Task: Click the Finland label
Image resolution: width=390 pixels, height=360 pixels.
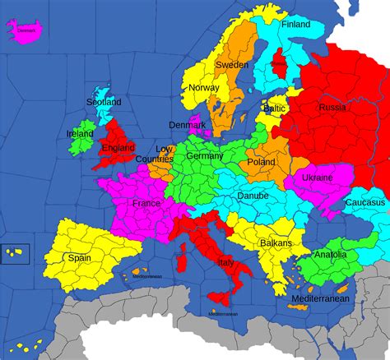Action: pos(295,25)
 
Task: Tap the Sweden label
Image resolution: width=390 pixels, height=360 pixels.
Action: pos(232,64)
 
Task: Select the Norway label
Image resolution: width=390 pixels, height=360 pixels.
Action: pos(203,88)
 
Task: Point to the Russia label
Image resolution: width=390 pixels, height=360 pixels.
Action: pos(332,108)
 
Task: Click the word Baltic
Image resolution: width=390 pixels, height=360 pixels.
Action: pos(274,108)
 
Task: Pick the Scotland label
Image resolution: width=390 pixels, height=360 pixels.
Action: pos(103,102)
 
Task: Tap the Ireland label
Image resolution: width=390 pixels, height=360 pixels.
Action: pos(80,133)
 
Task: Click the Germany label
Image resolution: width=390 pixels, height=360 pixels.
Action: pos(204,156)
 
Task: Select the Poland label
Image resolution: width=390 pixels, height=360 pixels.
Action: pos(261,162)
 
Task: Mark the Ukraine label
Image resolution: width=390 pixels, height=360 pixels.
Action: pos(317,178)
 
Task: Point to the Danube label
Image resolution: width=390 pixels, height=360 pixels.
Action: pos(253,197)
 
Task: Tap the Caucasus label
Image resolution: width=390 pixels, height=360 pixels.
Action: pos(364,202)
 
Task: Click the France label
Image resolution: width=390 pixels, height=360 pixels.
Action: pos(146,203)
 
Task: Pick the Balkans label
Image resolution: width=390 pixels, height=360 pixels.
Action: pos(276,243)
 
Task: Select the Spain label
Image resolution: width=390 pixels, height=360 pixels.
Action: pos(79,257)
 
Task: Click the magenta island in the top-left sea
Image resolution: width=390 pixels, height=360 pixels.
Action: pos(25,30)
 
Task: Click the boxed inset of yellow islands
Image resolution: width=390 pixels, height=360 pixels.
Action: pos(16,253)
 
